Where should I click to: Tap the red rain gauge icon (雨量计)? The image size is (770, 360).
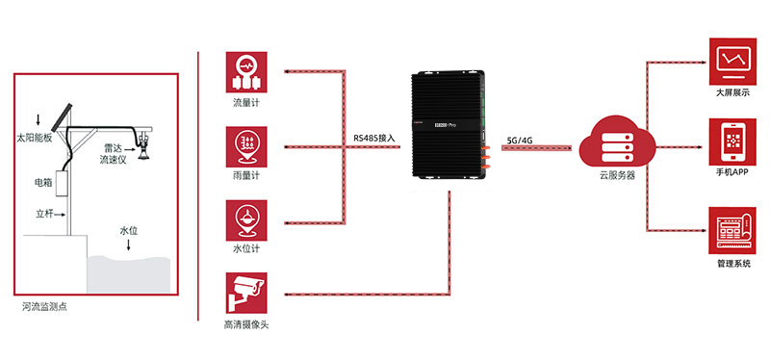[x=246, y=145]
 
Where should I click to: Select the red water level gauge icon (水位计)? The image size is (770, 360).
[x=246, y=219]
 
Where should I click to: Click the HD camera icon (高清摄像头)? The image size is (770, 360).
[x=246, y=292]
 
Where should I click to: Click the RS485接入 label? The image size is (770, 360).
[x=373, y=139]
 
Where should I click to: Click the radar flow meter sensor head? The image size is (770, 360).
[x=143, y=145]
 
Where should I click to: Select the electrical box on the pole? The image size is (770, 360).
[x=65, y=184]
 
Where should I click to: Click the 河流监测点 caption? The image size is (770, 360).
[x=47, y=307]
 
